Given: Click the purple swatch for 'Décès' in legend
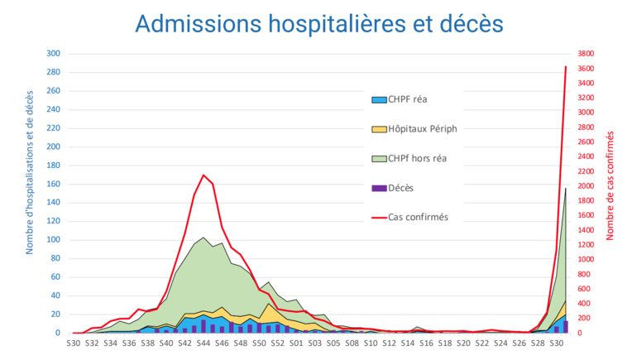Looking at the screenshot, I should (379, 188).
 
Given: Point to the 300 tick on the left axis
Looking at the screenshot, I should (53, 54).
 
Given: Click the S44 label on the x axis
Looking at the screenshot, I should (203, 342).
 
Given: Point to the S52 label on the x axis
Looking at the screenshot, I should (277, 342).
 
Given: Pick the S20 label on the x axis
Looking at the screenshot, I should (463, 342).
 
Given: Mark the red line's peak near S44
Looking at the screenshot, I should (203, 175).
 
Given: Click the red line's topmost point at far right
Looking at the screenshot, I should (566, 66).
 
